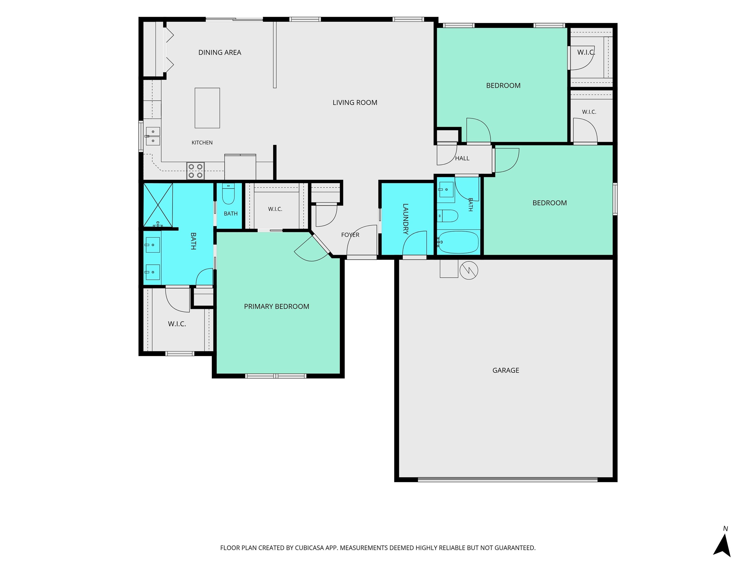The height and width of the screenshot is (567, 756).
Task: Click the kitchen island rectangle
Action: [207, 108]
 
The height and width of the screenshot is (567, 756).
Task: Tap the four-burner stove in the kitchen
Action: [195, 171]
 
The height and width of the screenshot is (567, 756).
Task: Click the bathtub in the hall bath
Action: [458, 242]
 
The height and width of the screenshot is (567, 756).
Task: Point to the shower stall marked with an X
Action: [158, 205]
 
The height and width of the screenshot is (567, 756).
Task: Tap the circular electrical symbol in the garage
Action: [469, 271]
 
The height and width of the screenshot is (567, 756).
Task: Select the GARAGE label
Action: [505, 370]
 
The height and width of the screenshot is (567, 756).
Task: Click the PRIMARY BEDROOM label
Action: [277, 307]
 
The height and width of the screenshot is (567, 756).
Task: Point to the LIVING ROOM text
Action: [355, 103]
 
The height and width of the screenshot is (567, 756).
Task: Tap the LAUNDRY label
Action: [406, 219]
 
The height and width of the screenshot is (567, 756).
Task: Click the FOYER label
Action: [350, 235]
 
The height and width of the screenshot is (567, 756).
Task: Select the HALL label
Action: [462, 158]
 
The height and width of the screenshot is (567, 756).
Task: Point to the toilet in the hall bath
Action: [448, 216]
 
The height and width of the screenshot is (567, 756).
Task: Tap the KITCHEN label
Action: [202, 142]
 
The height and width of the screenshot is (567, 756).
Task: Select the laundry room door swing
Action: [415, 243]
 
